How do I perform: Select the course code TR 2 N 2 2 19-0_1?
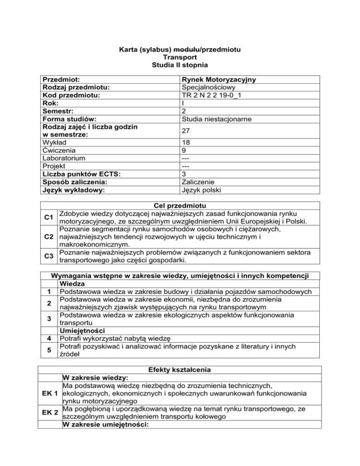point(214,95)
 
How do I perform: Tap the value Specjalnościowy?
point(209,87)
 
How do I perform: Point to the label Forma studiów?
point(70,119)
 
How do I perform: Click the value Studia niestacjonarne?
point(217,119)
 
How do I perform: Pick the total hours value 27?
point(186,131)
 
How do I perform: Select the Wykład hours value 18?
point(185,143)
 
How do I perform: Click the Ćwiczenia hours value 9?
point(183,151)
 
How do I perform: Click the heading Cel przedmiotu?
point(180,205)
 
